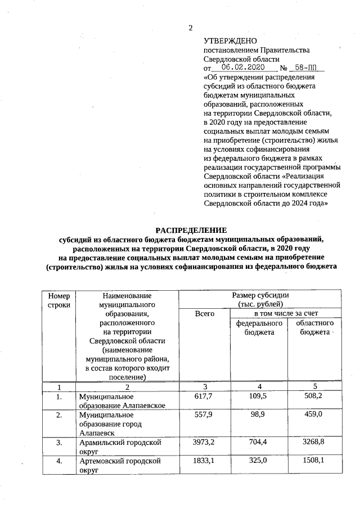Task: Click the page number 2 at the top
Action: click(190, 29)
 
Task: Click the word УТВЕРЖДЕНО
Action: click(230, 41)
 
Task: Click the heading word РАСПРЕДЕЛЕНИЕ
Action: click(191, 230)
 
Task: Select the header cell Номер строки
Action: click(59, 300)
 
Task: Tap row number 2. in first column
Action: click(58, 415)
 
